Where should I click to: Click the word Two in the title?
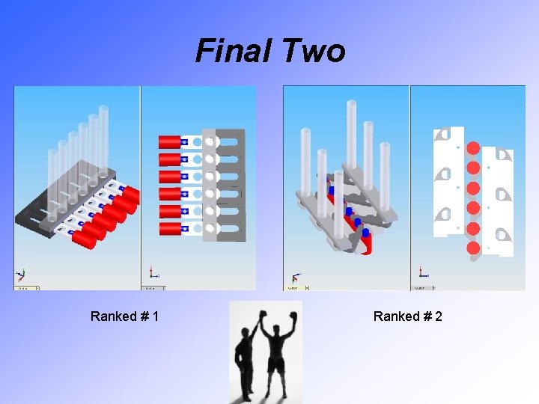[314, 51]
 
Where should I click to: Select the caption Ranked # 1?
[124, 316]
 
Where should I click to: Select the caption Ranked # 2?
[408, 316]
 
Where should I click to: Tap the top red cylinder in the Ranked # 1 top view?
[168, 141]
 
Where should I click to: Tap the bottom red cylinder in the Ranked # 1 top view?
[168, 227]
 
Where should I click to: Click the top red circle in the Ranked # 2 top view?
[473, 147]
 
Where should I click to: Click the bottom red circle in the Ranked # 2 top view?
[473, 248]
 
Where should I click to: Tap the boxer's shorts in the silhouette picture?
[277, 364]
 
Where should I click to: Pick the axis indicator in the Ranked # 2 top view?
[423, 273]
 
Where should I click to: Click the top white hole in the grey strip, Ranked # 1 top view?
[210, 141]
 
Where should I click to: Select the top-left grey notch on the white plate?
[442, 135]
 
